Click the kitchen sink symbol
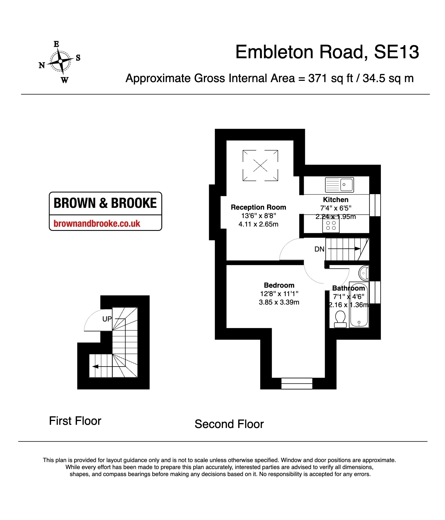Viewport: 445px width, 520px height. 339,185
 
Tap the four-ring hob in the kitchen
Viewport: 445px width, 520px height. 331,226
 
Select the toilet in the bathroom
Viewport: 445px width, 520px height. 340,319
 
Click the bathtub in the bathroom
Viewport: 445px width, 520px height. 359,305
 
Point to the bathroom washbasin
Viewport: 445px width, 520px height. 364,273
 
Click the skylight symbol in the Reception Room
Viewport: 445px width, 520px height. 260,165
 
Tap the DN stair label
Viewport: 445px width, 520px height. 319,249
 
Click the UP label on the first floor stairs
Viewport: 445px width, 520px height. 107,319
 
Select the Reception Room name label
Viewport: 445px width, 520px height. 258,207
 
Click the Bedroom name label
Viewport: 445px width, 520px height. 279,285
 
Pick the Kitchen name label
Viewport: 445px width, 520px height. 336,200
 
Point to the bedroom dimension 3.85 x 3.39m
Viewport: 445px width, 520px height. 279,302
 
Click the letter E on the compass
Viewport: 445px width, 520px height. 56,44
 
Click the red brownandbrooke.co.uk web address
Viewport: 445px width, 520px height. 97,223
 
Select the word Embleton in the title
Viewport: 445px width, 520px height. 274,52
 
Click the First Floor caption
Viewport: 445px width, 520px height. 75,421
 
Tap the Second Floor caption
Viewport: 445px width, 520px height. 229,424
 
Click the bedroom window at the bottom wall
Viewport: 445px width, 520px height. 297,383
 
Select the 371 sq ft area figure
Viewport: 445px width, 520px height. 331,78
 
